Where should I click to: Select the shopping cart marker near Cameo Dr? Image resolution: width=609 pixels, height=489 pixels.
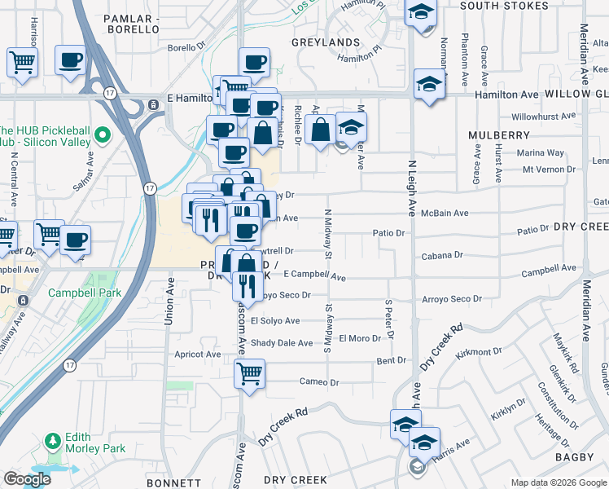tap(249, 374)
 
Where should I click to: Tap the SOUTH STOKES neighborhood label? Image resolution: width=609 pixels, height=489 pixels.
tap(504, 6)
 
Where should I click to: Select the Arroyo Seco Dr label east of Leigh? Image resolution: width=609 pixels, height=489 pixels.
tap(452, 299)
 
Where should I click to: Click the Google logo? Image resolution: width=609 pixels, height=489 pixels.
tap(27, 479)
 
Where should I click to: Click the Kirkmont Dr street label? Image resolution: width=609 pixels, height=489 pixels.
tap(480, 352)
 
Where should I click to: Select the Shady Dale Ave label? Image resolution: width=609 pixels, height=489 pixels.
tap(282, 343)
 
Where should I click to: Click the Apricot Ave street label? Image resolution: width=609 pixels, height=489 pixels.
tap(198, 355)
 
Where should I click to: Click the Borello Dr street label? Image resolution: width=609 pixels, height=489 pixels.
tap(186, 48)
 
